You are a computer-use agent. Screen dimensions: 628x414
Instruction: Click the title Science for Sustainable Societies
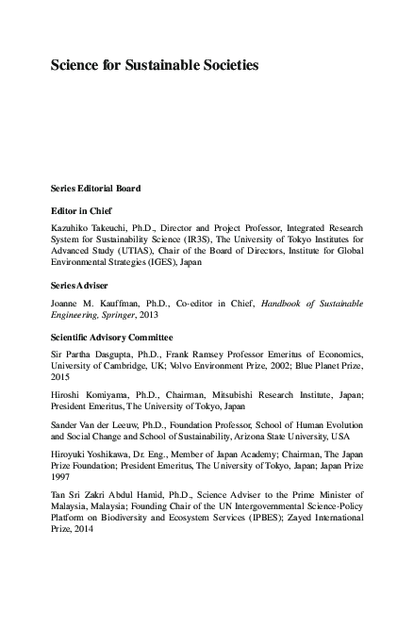point(154,67)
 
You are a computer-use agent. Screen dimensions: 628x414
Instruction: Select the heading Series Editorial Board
point(95,189)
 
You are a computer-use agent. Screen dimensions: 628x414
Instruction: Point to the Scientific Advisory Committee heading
point(111,337)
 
